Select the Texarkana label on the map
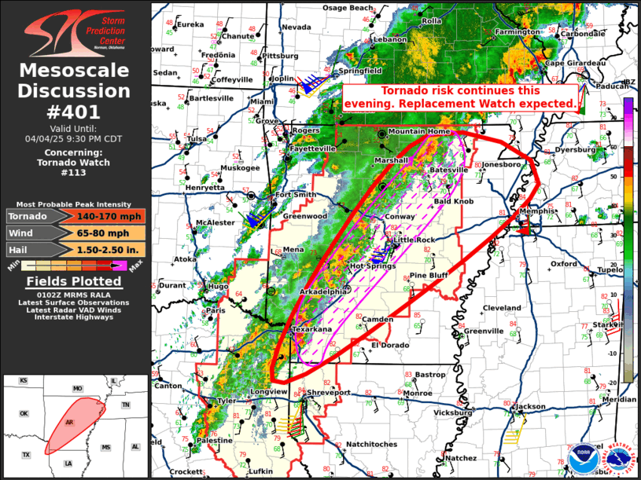point(313,330)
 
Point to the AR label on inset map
point(69,423)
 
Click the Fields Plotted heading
point(74,281)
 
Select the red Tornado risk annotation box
point(462,97)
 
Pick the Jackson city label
point(531,406)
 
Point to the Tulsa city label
point(196,139)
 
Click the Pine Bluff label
point(429,276)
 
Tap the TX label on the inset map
point(25,455)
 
